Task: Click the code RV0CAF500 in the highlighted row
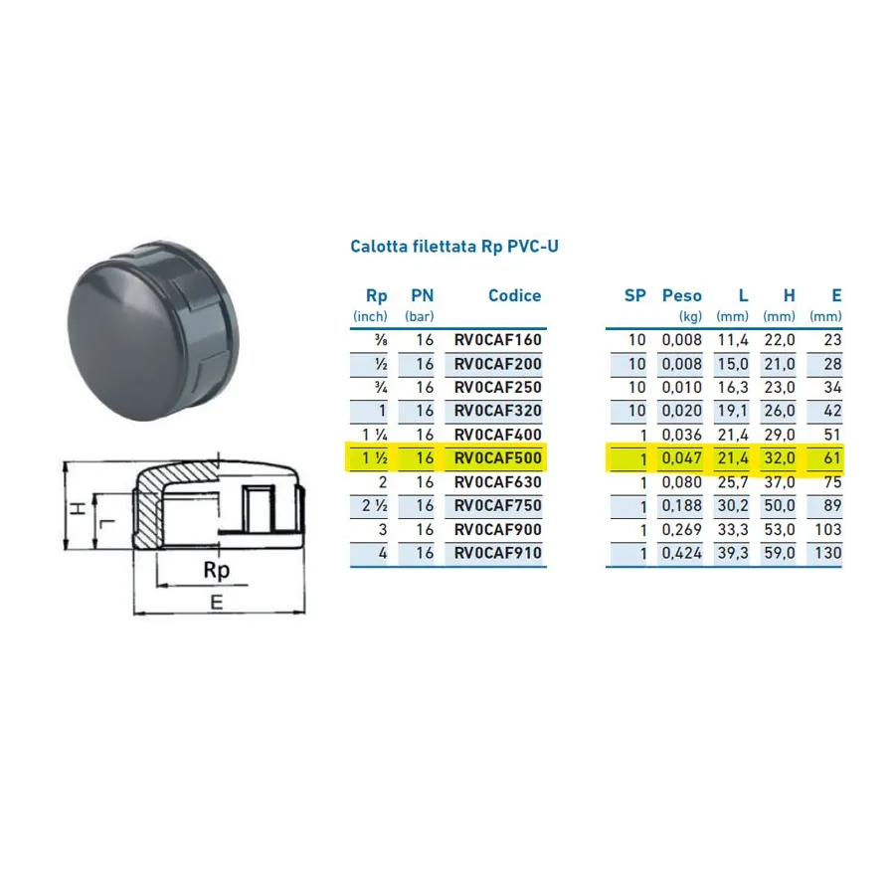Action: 498,457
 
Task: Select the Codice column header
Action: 514,295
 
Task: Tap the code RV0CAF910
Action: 498,553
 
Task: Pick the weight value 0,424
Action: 681,553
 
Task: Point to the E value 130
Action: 828,553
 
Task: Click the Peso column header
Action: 681,295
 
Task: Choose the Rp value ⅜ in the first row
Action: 381,340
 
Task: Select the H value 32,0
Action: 779,458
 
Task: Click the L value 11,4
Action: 733,340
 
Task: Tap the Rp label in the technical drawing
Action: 217,570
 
